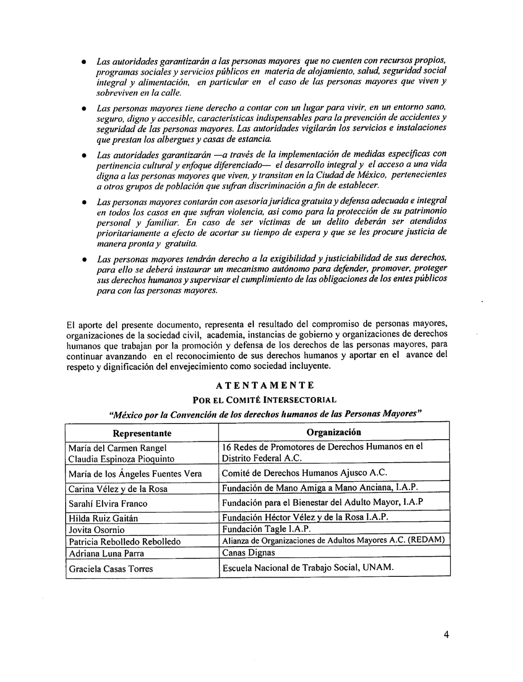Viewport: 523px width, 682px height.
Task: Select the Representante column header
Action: [142, 433]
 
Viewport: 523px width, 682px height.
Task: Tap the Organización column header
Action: [334, 432]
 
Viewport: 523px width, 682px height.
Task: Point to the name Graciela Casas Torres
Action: [111, 569]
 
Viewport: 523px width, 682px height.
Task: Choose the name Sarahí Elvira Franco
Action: [108, 503]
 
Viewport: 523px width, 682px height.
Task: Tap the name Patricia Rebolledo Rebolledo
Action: [124, 542]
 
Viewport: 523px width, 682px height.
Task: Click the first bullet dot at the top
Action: [84, 62]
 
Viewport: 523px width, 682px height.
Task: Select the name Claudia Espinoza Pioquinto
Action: [121, 458]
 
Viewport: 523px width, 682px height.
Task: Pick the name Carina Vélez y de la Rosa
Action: [118, 489]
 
